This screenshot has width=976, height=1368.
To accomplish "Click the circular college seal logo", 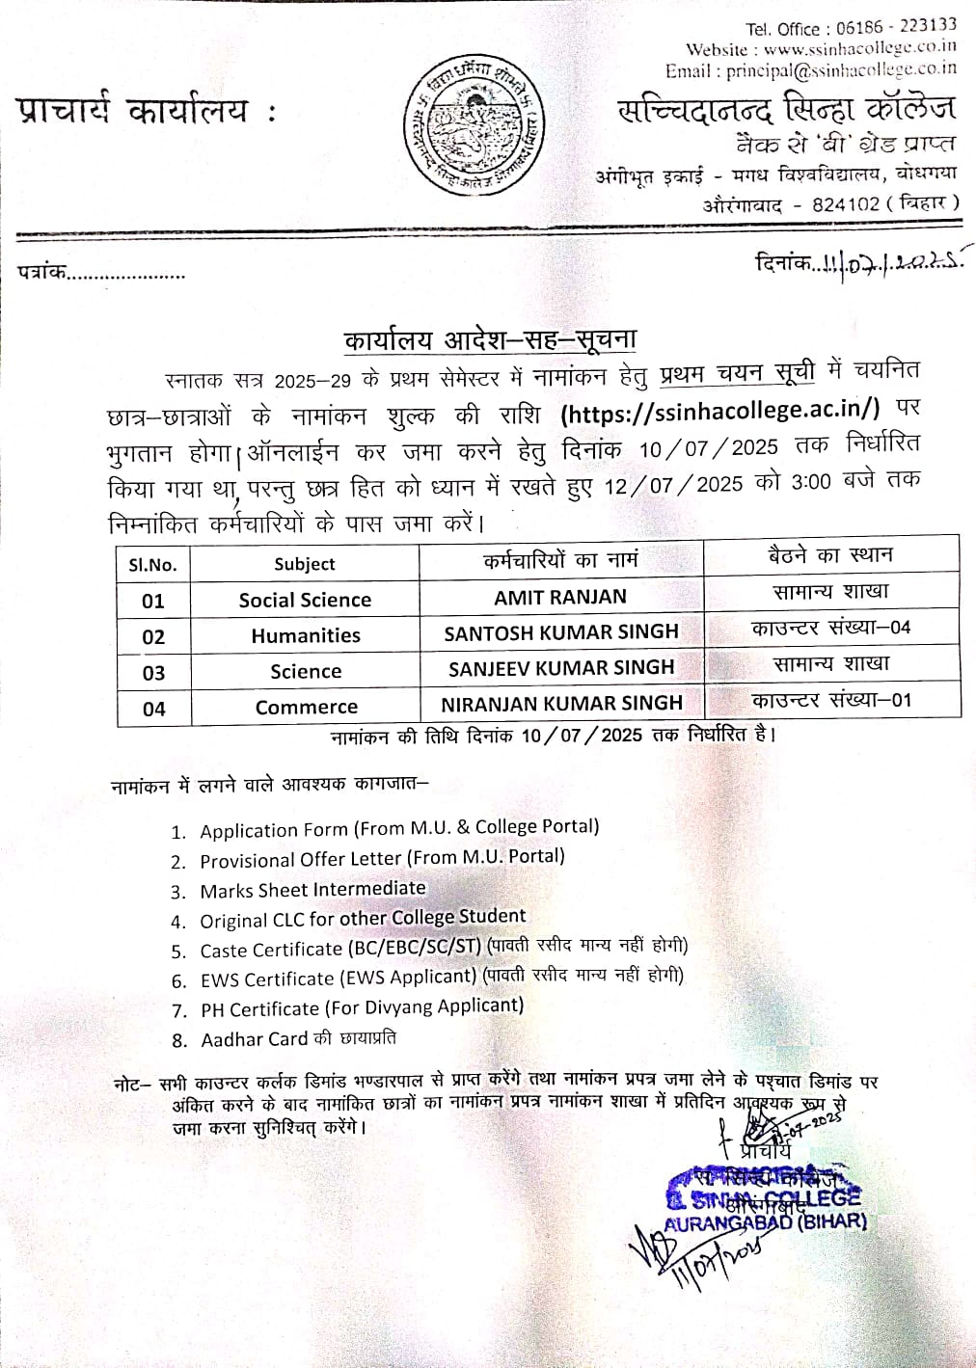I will pyautogui.click(x=474, y=125).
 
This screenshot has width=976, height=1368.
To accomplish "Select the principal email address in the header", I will pyautogui.click(x=841, y=69).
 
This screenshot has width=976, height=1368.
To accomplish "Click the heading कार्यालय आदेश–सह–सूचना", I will pyautogui.click(x=490, y=339).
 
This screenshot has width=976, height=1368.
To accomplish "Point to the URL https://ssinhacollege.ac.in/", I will pyautogui.click(x=719, y=411).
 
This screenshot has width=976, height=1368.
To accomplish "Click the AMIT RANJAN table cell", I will pyautogui.click(x=560, y=598).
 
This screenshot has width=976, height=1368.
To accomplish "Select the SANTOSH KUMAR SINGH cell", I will pyautogui.click(x=561, y=632).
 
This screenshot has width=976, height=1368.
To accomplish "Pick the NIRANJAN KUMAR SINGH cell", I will pyautogui.click(x=561, y=704).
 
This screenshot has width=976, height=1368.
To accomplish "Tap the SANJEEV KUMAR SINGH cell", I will pyautogui.click(x=561, y=668).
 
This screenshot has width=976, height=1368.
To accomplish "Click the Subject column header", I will pyautogui.click(x=305, y=565).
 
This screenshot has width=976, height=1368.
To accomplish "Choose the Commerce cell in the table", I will pyautogui.click(x=306, y=708).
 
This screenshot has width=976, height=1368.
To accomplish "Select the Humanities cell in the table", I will pyautogui.click(x=306, y=636).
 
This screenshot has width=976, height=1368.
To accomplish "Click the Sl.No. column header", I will pyautogui.click(x=153, y=565).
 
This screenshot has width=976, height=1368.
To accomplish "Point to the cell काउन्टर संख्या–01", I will pyautogui.click(x=831, y=701).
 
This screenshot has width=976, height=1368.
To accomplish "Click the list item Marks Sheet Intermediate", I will pyautogui.click(x=312, y=889).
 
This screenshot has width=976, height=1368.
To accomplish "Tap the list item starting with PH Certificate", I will pyautogui.click(x=362, y=1008).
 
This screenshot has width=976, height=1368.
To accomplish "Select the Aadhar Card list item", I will pyautogui.click(x=297, y=1039).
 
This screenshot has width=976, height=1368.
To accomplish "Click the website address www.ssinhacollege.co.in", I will pyautogui.click(x=859, y=47).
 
